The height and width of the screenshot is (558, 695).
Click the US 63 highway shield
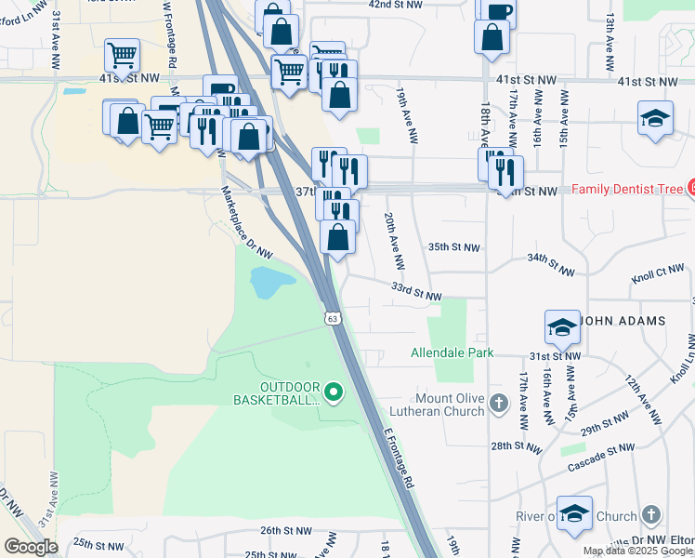pyautogui.click(x=333, y=318)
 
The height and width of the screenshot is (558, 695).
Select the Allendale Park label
pyautogui.click(x=452, y=353)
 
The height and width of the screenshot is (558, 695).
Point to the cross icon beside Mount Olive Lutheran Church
pyautogui.click(x=500, y=403)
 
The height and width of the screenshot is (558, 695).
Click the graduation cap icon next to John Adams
pyautogui.click(x=562, y=327)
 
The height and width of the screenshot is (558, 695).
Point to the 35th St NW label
pyautogui.click(x=454, y=247)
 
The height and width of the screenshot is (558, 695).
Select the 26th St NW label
pyautogui.click(x=285, y=531)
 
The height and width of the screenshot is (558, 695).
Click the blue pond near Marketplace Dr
pyautogui.click(x=268, y=281)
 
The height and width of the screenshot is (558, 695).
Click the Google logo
pyautogui.click(x=31, y=546)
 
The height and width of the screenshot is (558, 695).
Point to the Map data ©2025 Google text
pyautogui.click(x=637, y=551)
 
